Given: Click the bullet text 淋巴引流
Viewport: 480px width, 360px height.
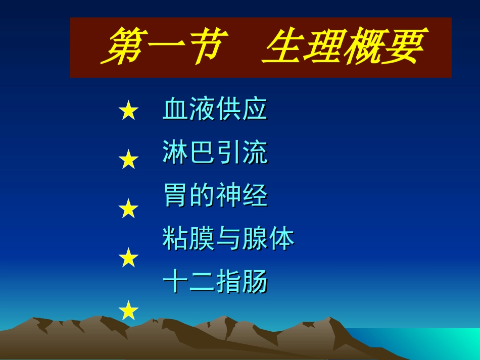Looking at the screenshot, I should tap(215, 153).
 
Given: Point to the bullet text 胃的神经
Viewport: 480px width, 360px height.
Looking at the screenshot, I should tap(215, 196).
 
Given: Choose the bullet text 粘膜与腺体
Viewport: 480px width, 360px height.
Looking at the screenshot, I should tap(228, 239).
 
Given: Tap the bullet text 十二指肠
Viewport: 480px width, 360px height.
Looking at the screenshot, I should tap(215, 282).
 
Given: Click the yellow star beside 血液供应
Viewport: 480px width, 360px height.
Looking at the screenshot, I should tap(128, 111).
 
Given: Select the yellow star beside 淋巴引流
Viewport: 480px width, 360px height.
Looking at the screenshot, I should tap(128, 160).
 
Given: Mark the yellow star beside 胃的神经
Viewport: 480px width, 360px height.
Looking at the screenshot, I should tap(128, 209).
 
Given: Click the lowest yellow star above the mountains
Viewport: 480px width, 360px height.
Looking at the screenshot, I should tap(128, 310).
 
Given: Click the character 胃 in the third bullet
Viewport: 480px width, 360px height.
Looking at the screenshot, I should tap(175, 196).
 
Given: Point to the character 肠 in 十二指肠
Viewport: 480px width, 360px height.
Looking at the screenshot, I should tap(255, 282).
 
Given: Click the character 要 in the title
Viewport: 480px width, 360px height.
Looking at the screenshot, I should tap(402, 47).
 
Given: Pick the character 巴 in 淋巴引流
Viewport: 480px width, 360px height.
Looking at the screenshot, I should tap(202, 153).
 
